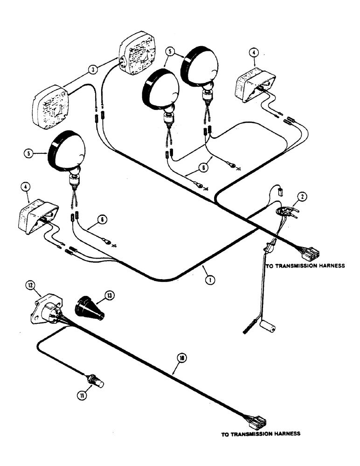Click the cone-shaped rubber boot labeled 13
[92, 308]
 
